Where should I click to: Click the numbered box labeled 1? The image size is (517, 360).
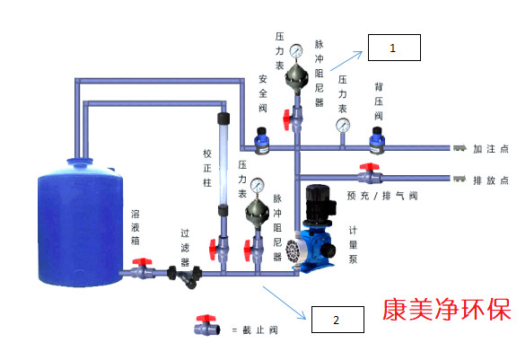[x=394, y=48]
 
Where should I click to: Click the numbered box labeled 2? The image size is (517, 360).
[x=337, y=320]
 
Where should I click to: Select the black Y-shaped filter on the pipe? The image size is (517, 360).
[x=185, y=277]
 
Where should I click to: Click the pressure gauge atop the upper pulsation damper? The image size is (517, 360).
[x=296, y=51]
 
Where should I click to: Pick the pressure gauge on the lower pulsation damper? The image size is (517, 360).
[x=258, y=185]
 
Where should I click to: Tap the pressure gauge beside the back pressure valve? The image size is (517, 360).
[x=343, y=126]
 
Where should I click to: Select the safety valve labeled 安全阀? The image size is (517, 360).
[x=262, y=141]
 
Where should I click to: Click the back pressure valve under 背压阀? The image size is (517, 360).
[x=377, y=141]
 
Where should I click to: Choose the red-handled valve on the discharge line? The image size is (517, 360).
[x=370, y=173]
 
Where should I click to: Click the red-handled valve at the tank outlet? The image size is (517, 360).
[x=142, y=268]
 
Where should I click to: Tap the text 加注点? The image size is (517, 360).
[x=491, y=149]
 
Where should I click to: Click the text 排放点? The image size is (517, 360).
[x=491, y=180]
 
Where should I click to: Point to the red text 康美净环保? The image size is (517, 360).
[x=447, y=310]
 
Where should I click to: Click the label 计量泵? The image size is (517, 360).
[x=353, y=244]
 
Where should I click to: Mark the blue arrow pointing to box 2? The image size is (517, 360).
[x=285, y=303]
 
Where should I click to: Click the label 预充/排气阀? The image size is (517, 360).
[x=382, y=196]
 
